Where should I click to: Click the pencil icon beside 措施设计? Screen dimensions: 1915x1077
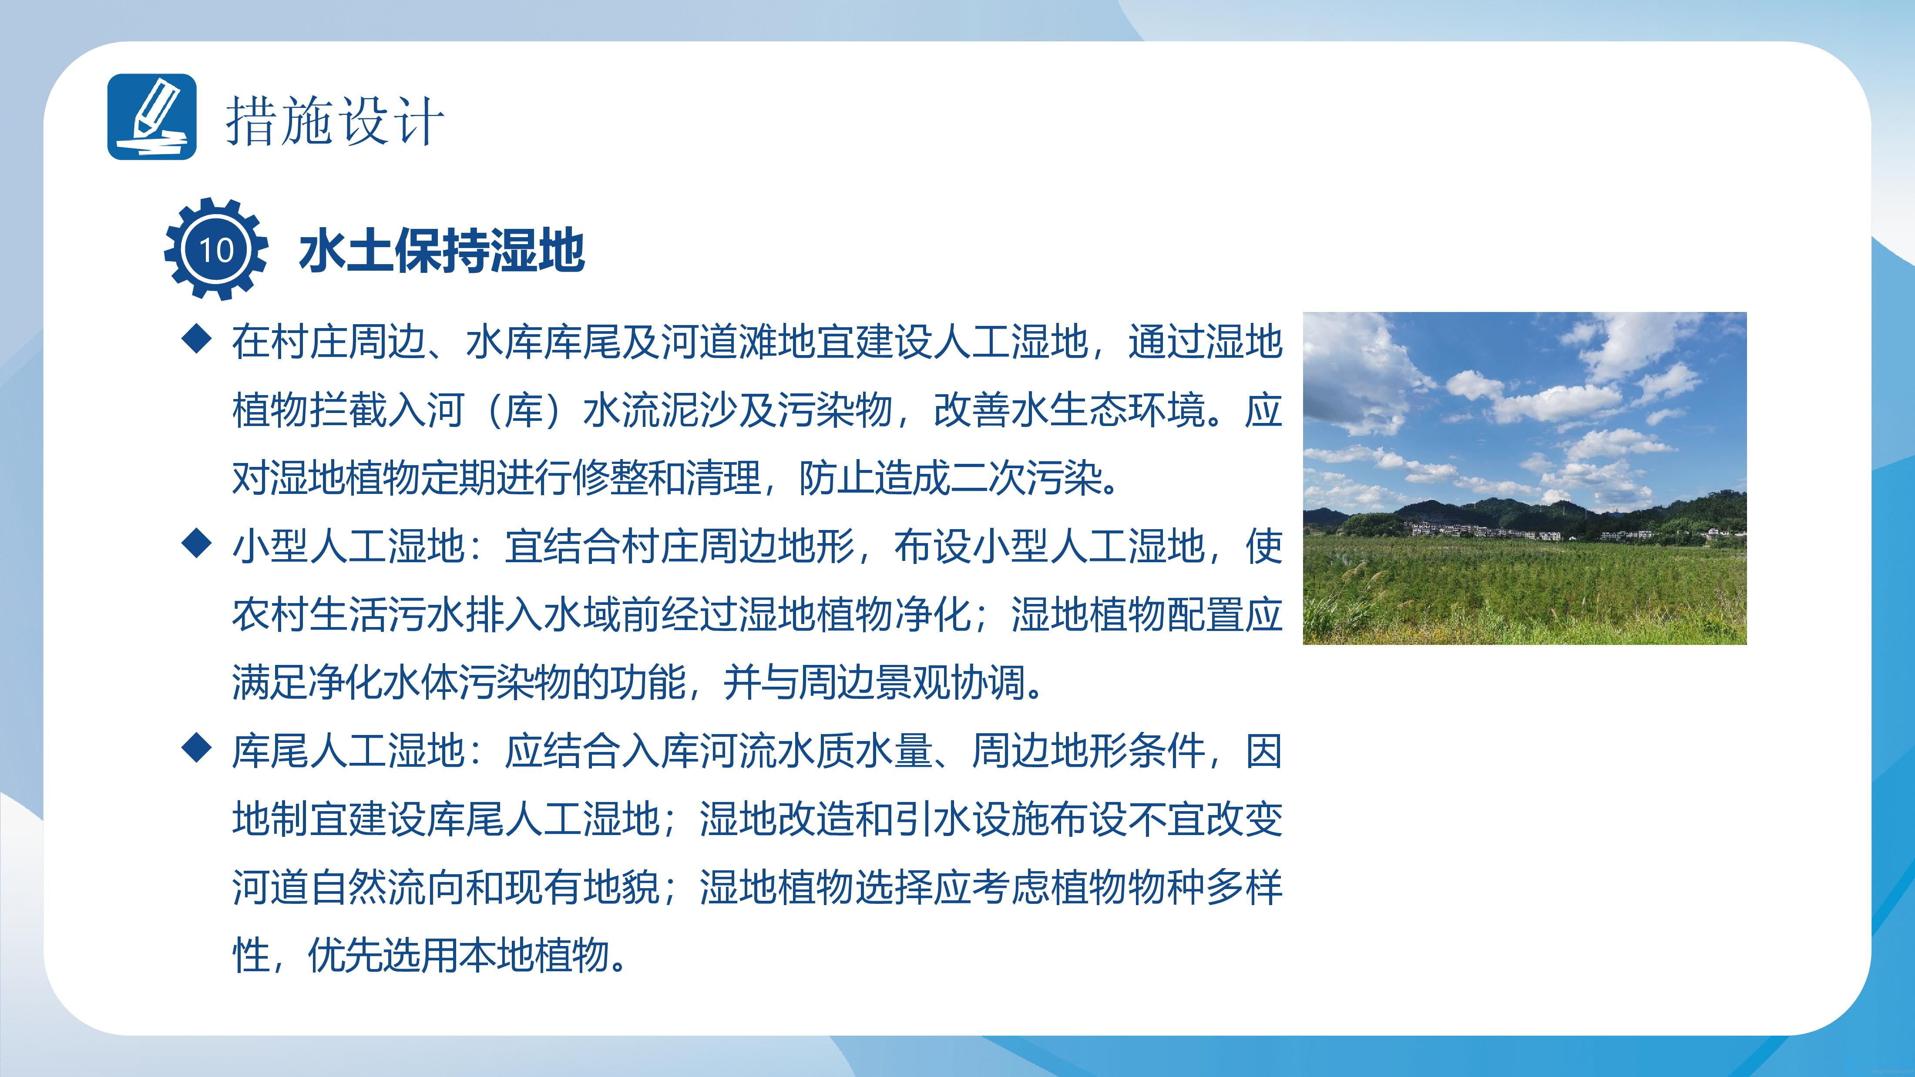tap(151, 117)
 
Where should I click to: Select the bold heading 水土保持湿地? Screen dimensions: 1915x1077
tap(442, 251)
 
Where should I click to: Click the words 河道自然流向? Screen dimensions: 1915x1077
tap(348, 887)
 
